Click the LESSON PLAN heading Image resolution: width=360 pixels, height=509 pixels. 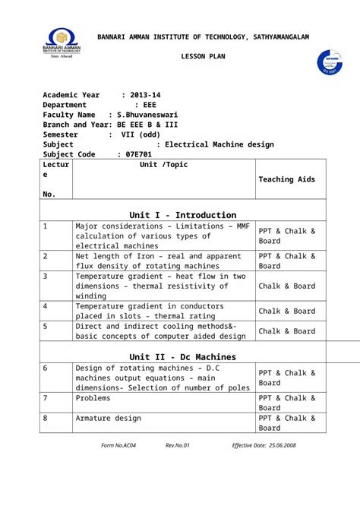(x=202, y=58)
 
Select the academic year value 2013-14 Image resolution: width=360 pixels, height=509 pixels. (x=145, y=94)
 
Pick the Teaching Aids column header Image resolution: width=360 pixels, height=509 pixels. (x=286, y=179)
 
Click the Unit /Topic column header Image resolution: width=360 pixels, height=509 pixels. (x=163, y=165)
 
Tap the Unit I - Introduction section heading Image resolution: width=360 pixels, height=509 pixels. (x=182, y=215)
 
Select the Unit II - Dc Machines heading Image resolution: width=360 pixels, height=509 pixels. (x=182, y=356)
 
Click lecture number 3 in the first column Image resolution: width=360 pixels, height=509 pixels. (x=46, y=276)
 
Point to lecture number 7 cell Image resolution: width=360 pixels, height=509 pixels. (x=46, y=397)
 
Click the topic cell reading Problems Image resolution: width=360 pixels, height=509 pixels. (x=93, y=397)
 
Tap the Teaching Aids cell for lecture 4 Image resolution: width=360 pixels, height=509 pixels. (x=286, y=311)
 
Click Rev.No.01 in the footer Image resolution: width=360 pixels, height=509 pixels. (x=177, y=445)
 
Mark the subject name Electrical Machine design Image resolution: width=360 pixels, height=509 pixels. (x=219, y=144)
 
